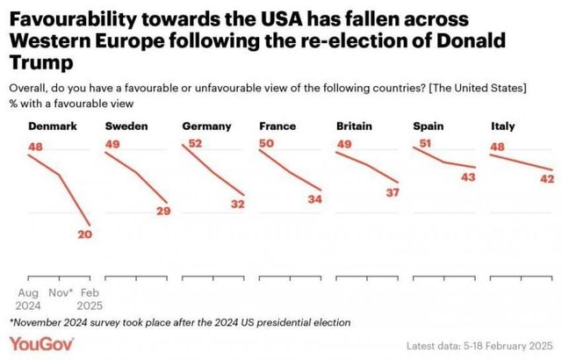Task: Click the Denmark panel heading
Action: (53, 126)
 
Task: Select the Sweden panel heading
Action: (126, 126)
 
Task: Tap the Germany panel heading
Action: (205, 126)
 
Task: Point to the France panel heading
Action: (277, 126)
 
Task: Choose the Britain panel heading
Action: (354, 126)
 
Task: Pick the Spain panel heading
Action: (428, 126)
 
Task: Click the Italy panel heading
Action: (502, 126)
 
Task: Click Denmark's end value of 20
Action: (84, 234)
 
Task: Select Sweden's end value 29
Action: (162, 211)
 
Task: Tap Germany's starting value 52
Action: (196, 144)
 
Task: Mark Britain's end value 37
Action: (393, 192)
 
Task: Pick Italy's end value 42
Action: (546, 179)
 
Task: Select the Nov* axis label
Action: (60, 292)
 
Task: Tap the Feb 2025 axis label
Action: (90, 299)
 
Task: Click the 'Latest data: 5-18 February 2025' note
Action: (482, 345)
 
